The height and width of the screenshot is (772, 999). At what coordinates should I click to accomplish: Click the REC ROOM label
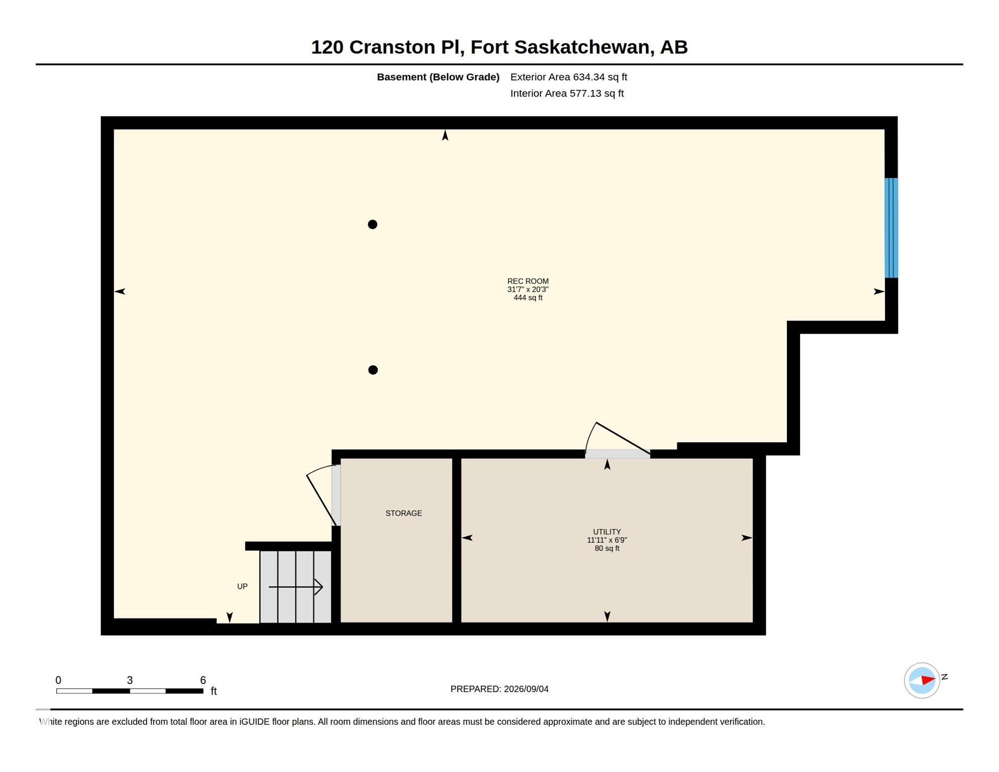coord(528,281)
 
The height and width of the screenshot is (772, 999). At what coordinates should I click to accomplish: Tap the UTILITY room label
coord(607,532)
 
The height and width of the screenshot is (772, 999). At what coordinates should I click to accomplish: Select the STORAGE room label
coord(404,513)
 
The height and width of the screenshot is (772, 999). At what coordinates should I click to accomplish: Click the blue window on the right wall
coord(891,228)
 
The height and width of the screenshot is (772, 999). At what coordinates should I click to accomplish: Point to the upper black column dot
coord(372,225)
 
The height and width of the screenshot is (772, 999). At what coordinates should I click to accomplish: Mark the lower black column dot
coord(373,370)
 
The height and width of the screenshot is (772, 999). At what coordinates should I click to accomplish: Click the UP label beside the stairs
coord(242,587)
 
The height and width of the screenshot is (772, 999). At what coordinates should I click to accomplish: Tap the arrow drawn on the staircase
coord(295,587)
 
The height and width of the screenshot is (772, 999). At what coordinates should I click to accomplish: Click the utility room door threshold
coord(618,454)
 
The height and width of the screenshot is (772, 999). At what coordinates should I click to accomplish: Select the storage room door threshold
coord(336,496)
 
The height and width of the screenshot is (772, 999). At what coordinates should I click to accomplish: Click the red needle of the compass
coord(928,680)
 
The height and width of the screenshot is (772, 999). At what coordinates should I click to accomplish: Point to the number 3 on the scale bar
coord(130,680)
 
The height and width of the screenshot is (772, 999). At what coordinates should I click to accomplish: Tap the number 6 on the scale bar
coord(203,680)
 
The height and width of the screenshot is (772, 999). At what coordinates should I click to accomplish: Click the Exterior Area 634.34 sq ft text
coord(569,77)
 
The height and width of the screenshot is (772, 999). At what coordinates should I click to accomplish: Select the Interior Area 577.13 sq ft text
coord(567,93)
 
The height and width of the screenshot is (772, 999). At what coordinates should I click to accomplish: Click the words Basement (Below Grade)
coord(438,77)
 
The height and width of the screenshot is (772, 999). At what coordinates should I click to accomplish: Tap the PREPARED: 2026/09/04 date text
coord(500,689)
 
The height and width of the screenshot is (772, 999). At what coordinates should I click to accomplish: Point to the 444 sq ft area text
coord(528,298)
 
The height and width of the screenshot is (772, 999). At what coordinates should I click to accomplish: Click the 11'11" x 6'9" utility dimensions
coord(607,540)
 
